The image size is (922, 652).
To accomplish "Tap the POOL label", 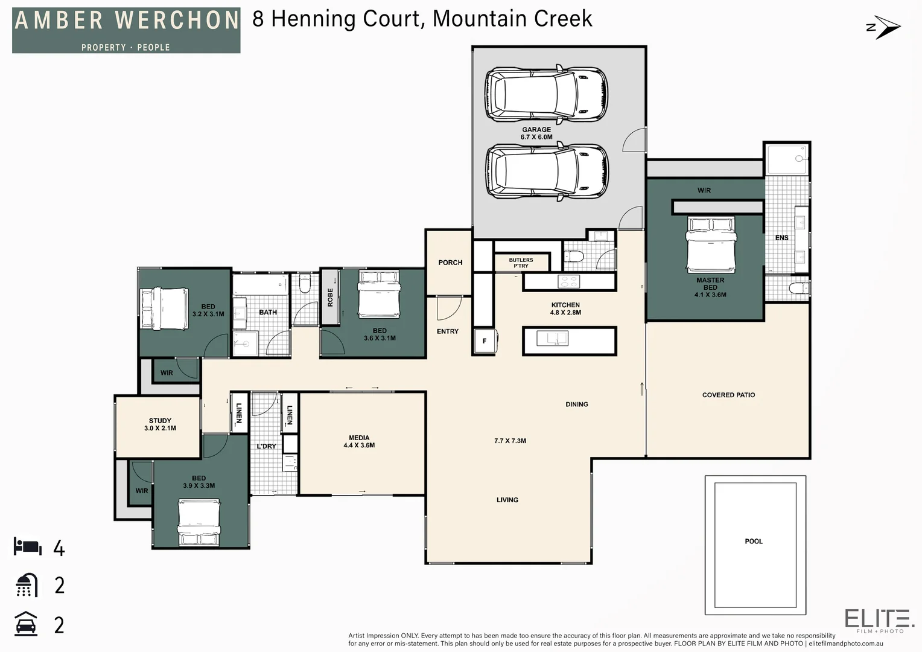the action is click(x=754, y=541).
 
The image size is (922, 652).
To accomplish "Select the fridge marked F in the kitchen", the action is click(x=485, y=340).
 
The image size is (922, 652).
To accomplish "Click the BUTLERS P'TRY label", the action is click(x=521, y=263).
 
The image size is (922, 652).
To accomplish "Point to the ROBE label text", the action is click(x=330, y=298).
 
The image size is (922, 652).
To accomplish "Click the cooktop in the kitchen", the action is click(x=569, y=282).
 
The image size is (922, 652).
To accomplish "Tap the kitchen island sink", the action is click(x=552, y=339).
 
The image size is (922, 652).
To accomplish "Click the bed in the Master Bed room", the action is click(x=711, y=245).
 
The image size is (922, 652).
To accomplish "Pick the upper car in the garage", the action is click(x=546, y=94).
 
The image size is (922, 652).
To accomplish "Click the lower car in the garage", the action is click(x=546, y=171).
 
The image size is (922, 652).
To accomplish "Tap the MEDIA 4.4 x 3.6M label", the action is click(x=359, y=441).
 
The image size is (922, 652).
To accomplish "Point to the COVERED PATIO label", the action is click(x=728, y=395).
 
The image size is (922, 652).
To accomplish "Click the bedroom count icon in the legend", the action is click(x=28, y=546).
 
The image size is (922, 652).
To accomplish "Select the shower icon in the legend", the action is click(x=27, y=585).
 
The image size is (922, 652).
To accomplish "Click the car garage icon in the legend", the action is click(x=26, y=624).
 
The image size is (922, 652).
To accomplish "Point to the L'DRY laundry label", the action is click(x=266, y=446).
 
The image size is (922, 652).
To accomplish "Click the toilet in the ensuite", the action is click(x=798, y=288).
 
